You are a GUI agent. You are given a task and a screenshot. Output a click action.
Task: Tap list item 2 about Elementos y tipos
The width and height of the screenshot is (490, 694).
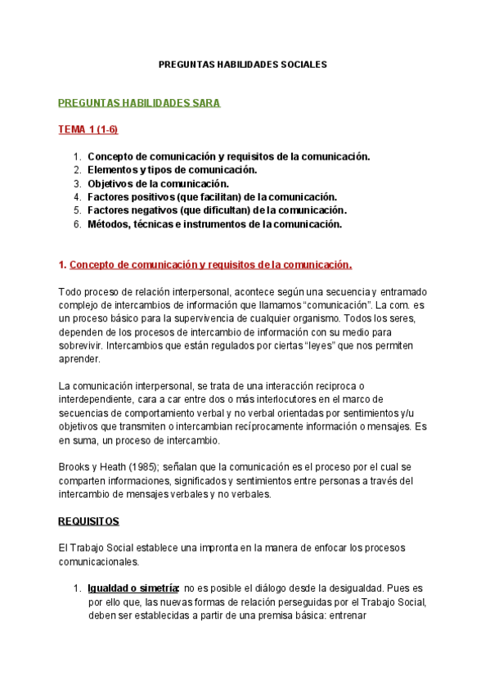pyautogui.click(x=172, y=169)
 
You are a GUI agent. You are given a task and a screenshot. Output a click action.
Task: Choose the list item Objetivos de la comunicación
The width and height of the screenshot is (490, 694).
pyautogui.click(x=158, y=183)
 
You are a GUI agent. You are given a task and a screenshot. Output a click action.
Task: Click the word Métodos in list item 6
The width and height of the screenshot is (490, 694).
pyautogui.click(x=107, y=223)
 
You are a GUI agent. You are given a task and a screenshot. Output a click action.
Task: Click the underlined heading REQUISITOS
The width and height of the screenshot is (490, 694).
pyautogui.click(x=88, y=520)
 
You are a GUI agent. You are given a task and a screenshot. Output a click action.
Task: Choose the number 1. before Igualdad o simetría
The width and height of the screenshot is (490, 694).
pyautogui.click(x=77, y=588)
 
